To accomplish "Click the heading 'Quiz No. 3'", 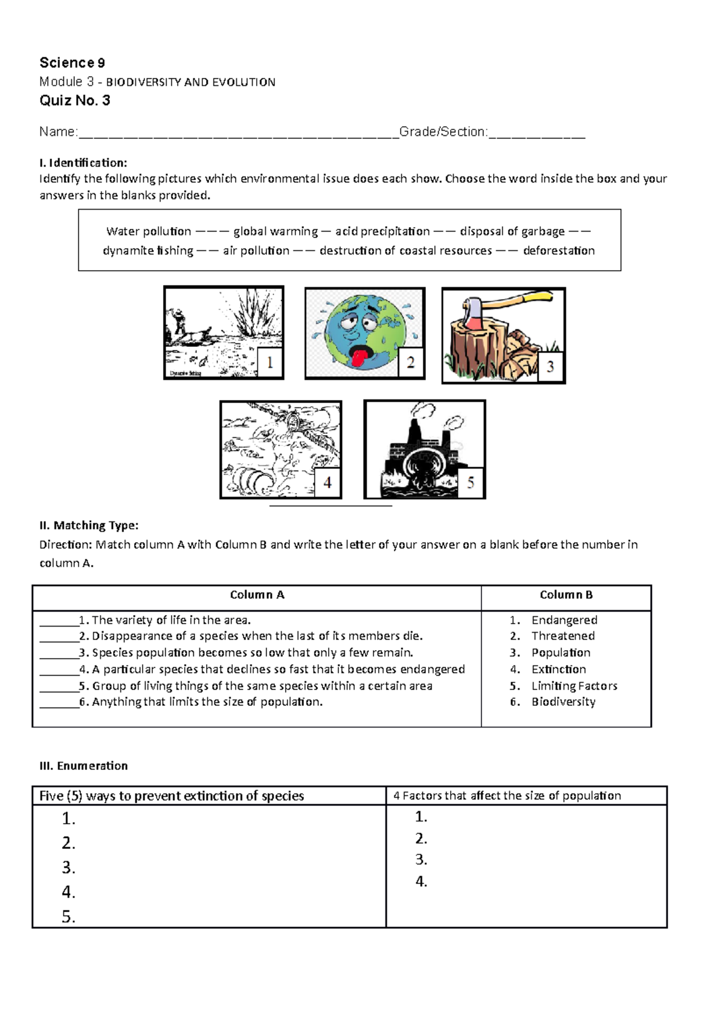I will [75, 101].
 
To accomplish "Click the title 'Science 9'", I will [72, 63].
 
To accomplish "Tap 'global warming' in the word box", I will [275, 231].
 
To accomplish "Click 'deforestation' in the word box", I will [559, 251].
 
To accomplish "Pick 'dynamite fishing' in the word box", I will [148, 251].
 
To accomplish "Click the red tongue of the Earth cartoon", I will [358, 358].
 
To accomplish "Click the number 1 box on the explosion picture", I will [269, 363].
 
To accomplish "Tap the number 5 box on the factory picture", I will [471, 482].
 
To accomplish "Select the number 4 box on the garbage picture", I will [327, 482].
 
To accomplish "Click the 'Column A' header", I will [257, 595].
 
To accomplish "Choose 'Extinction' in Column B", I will [558, 669].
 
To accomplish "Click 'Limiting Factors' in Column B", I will [574, 686].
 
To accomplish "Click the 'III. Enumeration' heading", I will [83, 766].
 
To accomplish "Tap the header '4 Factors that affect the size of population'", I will [507, 796].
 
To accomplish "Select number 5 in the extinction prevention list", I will [68, 917].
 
